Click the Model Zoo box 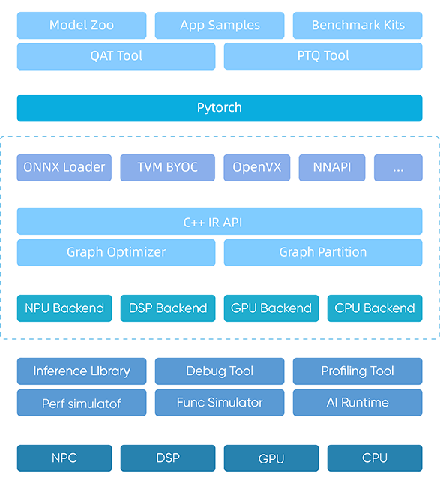82,25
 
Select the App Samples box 220,25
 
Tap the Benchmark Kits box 358,25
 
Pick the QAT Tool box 116,56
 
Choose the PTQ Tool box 323,56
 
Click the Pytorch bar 220,108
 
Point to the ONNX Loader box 64,168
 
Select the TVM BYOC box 168,168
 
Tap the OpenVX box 257,168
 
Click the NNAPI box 332,168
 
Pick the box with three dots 398,168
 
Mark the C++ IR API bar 220,221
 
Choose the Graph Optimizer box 116,253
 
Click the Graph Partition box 323,253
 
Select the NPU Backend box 64,308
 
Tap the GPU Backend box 271,308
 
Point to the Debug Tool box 220,371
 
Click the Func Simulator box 220,403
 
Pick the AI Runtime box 358,403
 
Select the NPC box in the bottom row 64,458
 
